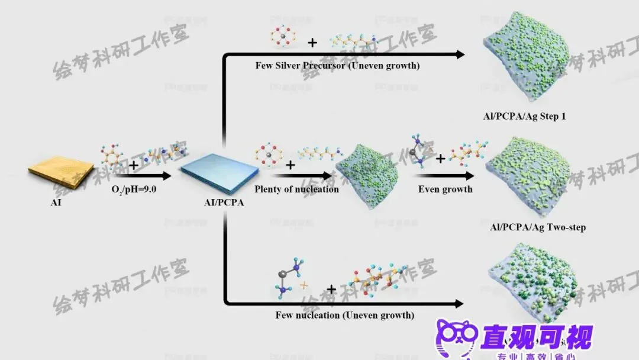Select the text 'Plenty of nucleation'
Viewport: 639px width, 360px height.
(296, 189)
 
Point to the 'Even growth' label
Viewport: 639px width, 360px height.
(445, 189)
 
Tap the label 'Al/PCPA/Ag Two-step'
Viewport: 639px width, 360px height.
(538, 227)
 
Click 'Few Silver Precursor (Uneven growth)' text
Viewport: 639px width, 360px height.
(337, 66)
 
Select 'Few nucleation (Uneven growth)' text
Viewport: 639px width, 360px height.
(344, 315)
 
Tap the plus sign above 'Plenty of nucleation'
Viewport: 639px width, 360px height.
(291, 165)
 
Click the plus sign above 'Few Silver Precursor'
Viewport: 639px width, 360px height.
(312, 42)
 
